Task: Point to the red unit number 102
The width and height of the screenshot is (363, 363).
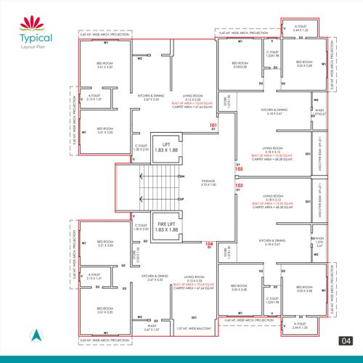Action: (x=228, y=168)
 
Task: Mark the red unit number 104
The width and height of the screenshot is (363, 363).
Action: (x=209, y=243)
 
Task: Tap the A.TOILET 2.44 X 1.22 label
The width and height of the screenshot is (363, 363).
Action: (x=300, y=30)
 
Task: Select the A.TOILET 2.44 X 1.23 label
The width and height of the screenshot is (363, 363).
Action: (x=300, y=327)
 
